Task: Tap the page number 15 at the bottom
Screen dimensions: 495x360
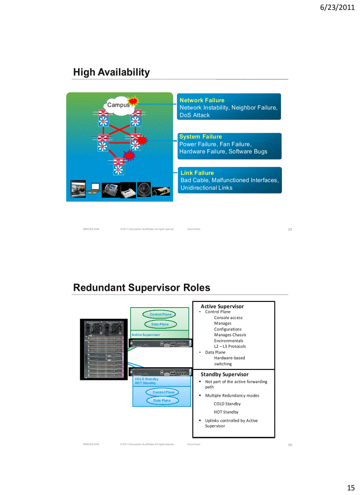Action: (x=350, y=488)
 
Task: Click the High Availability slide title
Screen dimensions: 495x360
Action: (x=111, y=72)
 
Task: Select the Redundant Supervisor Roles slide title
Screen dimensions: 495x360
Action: (x=141, y=288)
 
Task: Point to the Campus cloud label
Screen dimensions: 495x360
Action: (x=118, y=105)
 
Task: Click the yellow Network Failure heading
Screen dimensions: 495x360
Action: (x=202, y=100)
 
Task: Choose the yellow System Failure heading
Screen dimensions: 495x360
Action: (x=200, y=137)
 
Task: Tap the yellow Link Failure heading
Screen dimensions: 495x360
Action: (x=197, y=173)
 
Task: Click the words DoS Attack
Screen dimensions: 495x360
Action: (x=195, y=115)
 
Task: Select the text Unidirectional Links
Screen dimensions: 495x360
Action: (x=206, y=188)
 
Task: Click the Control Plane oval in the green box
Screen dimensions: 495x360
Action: (x=160, y=314)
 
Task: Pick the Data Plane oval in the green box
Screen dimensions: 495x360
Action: (x=160, y=324)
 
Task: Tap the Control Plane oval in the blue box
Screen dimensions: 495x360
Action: (x=163, y=392)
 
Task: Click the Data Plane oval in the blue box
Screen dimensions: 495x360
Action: (x=162, y=400)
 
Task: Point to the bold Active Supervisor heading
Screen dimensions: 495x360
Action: (x=222, y=306)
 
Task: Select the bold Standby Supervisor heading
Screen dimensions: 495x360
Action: (x=224, y=374)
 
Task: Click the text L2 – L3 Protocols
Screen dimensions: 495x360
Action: (x=229, y=346)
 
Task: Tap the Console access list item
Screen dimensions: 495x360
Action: (x=228, y=317)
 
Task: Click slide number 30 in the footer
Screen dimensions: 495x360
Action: (x=290, y=445)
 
